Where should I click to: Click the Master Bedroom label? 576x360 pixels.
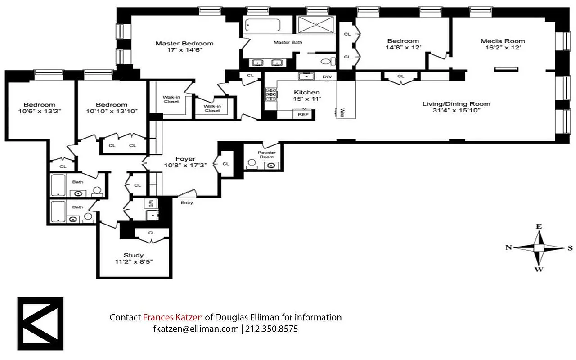coord(184,44)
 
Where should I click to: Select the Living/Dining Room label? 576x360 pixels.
coord(456,104)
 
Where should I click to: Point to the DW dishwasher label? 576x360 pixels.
coord(327,77)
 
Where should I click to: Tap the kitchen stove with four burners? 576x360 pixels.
coord(270,95)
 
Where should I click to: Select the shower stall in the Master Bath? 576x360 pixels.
coord(315,24)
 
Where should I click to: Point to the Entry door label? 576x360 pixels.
coord(187,202)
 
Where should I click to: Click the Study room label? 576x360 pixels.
coord(134,255)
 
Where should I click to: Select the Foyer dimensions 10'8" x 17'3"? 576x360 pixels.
coord(185,165)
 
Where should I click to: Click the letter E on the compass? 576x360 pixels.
coord(538,226)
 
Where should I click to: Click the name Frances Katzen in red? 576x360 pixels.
coord(173,317)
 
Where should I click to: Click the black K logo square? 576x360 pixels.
coord(40,324)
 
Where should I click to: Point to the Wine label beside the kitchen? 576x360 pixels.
coord(342,112)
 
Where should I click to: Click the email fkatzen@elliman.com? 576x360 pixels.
coord(196,329)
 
